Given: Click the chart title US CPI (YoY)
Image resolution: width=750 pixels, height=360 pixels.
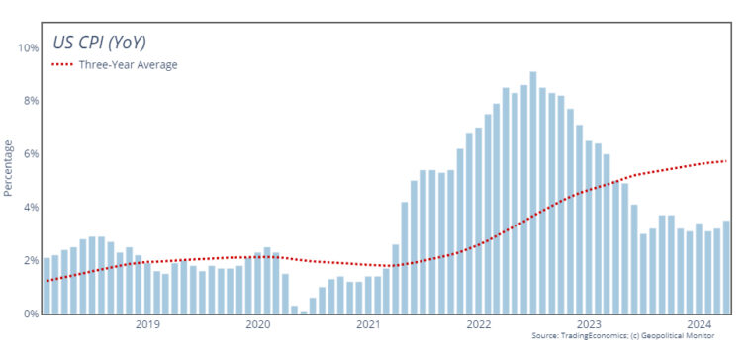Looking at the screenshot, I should (x=104, y=42).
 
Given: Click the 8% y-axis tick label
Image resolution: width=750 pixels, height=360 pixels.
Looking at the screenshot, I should (x=30, y=101).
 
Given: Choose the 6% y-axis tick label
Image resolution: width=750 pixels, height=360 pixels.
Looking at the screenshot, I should (x=30, y=154).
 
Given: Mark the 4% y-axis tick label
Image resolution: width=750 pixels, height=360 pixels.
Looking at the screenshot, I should (x=30, y=208).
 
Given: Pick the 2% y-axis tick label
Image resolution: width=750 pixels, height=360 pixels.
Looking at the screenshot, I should (x=30, y=261).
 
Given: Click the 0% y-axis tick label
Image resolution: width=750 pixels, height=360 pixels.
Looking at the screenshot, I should (x=30, y=314).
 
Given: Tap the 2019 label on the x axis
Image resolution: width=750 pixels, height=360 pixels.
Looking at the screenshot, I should (x=147, y=325).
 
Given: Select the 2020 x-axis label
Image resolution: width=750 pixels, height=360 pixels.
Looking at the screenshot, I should (x=257, y=325).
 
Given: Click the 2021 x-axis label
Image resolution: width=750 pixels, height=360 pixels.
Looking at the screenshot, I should (x=368, y=325).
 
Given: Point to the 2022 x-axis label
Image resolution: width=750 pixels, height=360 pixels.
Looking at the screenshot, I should (x=478, y=325).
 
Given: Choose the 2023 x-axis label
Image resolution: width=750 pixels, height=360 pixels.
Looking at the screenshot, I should (x=589, y=325).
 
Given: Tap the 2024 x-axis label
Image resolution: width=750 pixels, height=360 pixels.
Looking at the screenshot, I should (x=699, y=325).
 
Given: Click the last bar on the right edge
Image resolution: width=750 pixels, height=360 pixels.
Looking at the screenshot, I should (x=726, y=267).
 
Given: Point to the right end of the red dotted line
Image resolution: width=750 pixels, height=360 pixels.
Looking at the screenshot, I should (x=727, y=161).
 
